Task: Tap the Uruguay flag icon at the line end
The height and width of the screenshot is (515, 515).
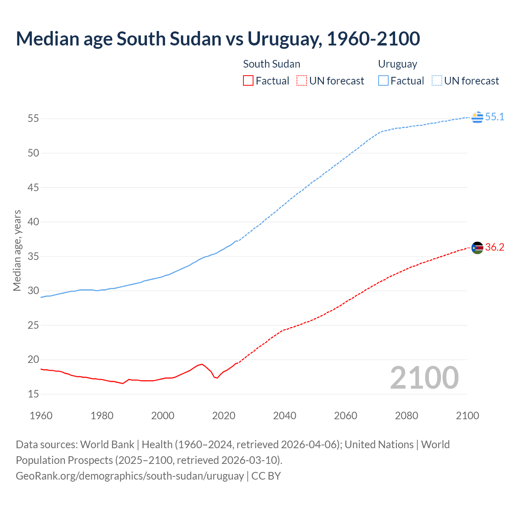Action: (x=477, y=117)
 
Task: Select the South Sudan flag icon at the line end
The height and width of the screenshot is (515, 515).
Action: (x=477, y=248)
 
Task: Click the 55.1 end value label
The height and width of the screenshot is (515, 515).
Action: (x=494, y=117)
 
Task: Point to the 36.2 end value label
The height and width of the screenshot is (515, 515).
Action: (x=494, y=247)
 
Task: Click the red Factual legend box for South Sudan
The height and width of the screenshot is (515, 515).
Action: (x=248, y=81)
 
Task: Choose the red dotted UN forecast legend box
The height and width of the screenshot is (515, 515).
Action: (x=302, y=81)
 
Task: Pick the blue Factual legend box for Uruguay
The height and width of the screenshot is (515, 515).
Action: (x=383, y=81)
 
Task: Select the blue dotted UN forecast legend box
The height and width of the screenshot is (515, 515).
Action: (x=437, y=81)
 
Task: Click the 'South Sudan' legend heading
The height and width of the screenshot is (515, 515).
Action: (x=272, y=64)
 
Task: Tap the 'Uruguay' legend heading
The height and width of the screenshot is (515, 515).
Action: (x=398, y=64)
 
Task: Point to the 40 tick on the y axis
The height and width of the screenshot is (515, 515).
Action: (x=33, y=222)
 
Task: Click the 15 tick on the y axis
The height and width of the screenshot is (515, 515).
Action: (x=33, y=394)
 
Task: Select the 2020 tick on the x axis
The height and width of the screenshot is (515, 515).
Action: (x=224, y=416)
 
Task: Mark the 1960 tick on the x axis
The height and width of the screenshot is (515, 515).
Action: (x=41, y=416)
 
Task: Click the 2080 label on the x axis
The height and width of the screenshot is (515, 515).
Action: (x=406, y=416)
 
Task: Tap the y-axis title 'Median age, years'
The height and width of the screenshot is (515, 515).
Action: (x=17, y=250)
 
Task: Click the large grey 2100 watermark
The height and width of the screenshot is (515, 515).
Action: (x=424, y=378)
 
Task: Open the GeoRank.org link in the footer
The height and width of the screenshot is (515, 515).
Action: (x=130, y=476)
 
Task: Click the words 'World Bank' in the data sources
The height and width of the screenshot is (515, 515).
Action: (x=107, y=445)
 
